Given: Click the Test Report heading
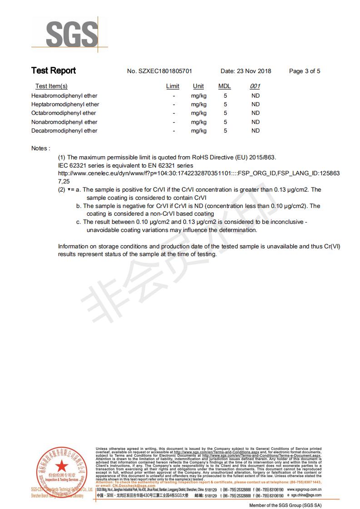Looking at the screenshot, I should click(54, 70).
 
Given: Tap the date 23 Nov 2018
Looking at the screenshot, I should click(253, 71).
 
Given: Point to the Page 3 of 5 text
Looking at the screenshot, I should click(305, 71).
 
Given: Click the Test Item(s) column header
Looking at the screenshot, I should click(51, 86).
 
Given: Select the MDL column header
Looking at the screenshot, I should click(225, 86).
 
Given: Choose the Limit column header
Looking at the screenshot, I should click(173, 86).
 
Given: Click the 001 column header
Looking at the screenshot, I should click(255, 86).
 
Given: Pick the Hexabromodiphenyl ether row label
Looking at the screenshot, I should click(64, 96).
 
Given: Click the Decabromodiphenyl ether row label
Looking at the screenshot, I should click(64, 131).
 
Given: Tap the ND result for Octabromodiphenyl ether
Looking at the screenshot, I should click(255, 113).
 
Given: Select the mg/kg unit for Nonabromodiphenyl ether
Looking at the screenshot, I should click(198, 122).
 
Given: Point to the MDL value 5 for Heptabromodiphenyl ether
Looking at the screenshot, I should click(225, 104).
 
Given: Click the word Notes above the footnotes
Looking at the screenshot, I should click(40, 148).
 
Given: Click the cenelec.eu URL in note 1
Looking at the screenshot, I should click(199, 173).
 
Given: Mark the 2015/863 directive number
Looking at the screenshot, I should click(262, 158).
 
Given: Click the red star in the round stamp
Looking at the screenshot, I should click(60, 467).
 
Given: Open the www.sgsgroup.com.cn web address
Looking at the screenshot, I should click(304, 490).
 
